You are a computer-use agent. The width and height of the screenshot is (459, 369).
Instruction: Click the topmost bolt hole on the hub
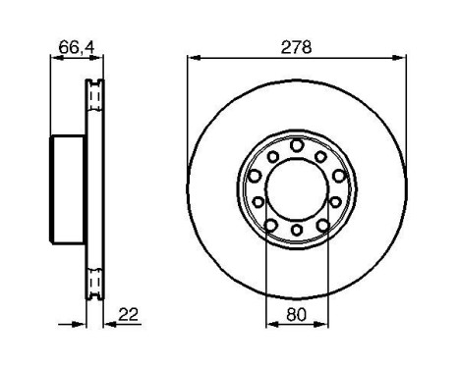pyautogui.click(x=296, y=145)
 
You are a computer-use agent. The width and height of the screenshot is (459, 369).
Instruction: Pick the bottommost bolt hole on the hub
pyautogui.click(x=296, y=232)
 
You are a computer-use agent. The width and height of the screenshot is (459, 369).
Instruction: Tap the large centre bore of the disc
pyautogui.click(x=296, y=188)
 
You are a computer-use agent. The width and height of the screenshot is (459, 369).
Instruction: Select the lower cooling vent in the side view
pyautogui.click(x=95, y=283)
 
